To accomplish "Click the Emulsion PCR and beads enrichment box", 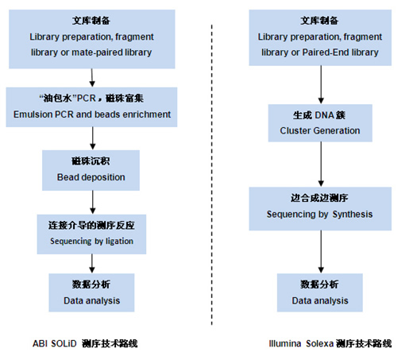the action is click(x=91, y=107).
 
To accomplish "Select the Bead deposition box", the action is click(x=91, y=170).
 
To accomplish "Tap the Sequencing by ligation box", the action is click(x=91, y=234).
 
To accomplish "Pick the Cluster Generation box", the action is click(x=320, y=123).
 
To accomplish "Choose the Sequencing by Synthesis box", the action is click(x=320, y=209).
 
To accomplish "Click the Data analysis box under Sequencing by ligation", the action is click(x=91, y=292).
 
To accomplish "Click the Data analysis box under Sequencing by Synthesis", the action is click(x=320, y=292).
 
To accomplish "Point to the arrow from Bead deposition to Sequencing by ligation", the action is click(x=93, y=203).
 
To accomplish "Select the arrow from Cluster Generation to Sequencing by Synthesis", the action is click(x=321, y=165).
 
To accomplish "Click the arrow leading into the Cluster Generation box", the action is click(x=321, y=85).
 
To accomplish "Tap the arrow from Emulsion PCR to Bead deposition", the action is click(x=93, y=138).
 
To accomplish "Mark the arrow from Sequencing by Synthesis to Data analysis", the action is click(x=321, y=252).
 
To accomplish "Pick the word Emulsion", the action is click(x=33, y=114).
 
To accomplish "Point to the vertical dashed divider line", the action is click(x=212, y=175).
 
